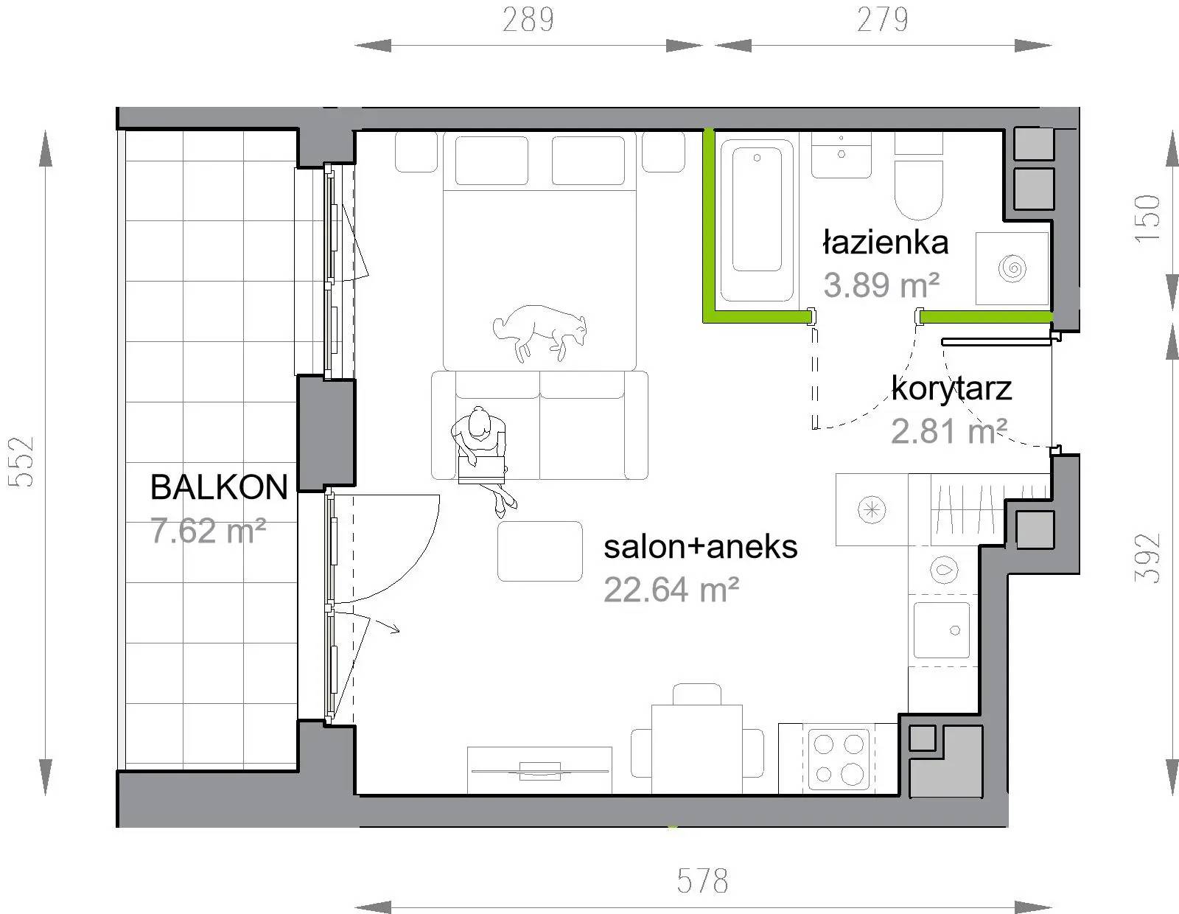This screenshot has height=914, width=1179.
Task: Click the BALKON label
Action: pos(219,486)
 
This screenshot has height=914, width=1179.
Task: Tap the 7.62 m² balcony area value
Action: pos(208,530)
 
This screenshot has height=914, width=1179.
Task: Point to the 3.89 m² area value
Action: pos(881,285)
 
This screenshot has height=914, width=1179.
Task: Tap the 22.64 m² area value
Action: pos(671,590)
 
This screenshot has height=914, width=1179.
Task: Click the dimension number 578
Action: pos(703,880)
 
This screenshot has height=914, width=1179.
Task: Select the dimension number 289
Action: pos(528,20)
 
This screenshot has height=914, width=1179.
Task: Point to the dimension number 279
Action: pos(882,20)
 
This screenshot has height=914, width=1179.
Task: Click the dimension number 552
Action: pos(21,462)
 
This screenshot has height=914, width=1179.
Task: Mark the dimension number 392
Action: pos(1147,559)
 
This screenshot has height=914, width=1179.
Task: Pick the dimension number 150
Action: pos(1147,219)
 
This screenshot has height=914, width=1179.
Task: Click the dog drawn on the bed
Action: pos(540,332)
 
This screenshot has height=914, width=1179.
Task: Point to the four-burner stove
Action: pos(839,758)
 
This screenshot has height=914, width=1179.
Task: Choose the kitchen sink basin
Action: pos(942,630)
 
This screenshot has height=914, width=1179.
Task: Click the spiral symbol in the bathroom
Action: pos(1012,268)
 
